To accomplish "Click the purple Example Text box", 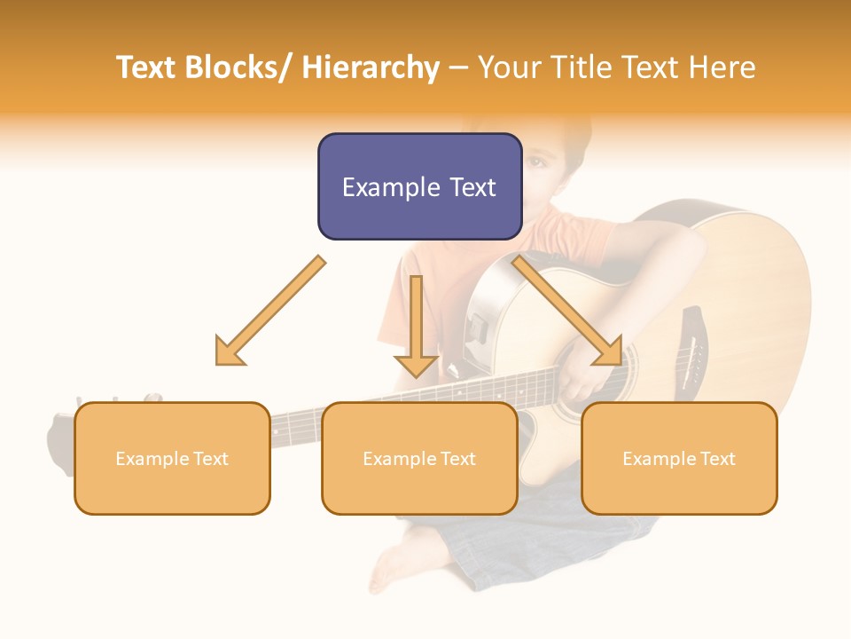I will point(419,186).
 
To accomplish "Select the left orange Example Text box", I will point(172,458).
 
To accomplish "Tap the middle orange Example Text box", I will point(419,458).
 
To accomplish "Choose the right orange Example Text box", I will point(679,458).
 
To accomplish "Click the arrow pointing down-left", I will point(270,311).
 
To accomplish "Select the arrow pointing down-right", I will point(567,310).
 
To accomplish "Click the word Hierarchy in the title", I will point(370,67).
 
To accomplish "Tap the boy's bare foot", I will point(394,559).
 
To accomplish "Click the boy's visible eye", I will point(537,163).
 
